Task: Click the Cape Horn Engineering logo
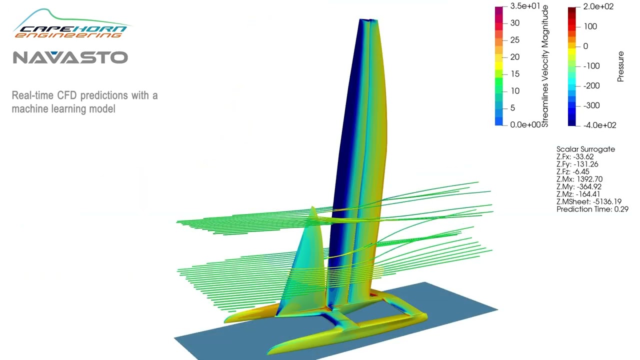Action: [x=70, y=25]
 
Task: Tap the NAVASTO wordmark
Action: [x=70, y=57]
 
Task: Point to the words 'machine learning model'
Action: [x=63, y=108]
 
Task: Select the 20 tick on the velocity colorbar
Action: [x=514, y=57]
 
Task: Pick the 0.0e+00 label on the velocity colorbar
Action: [x=525, y=124]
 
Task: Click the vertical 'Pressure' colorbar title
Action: [x=621, y=66]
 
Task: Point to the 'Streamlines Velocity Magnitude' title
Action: [x=545, y=66]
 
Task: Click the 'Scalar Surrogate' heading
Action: [x=585, y=149]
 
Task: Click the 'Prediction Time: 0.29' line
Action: [x=592, y=209]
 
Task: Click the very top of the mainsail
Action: [x=368, y=20]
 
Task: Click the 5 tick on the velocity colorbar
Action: [x=512, y=108]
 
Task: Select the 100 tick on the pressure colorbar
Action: [x=590, y=26]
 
